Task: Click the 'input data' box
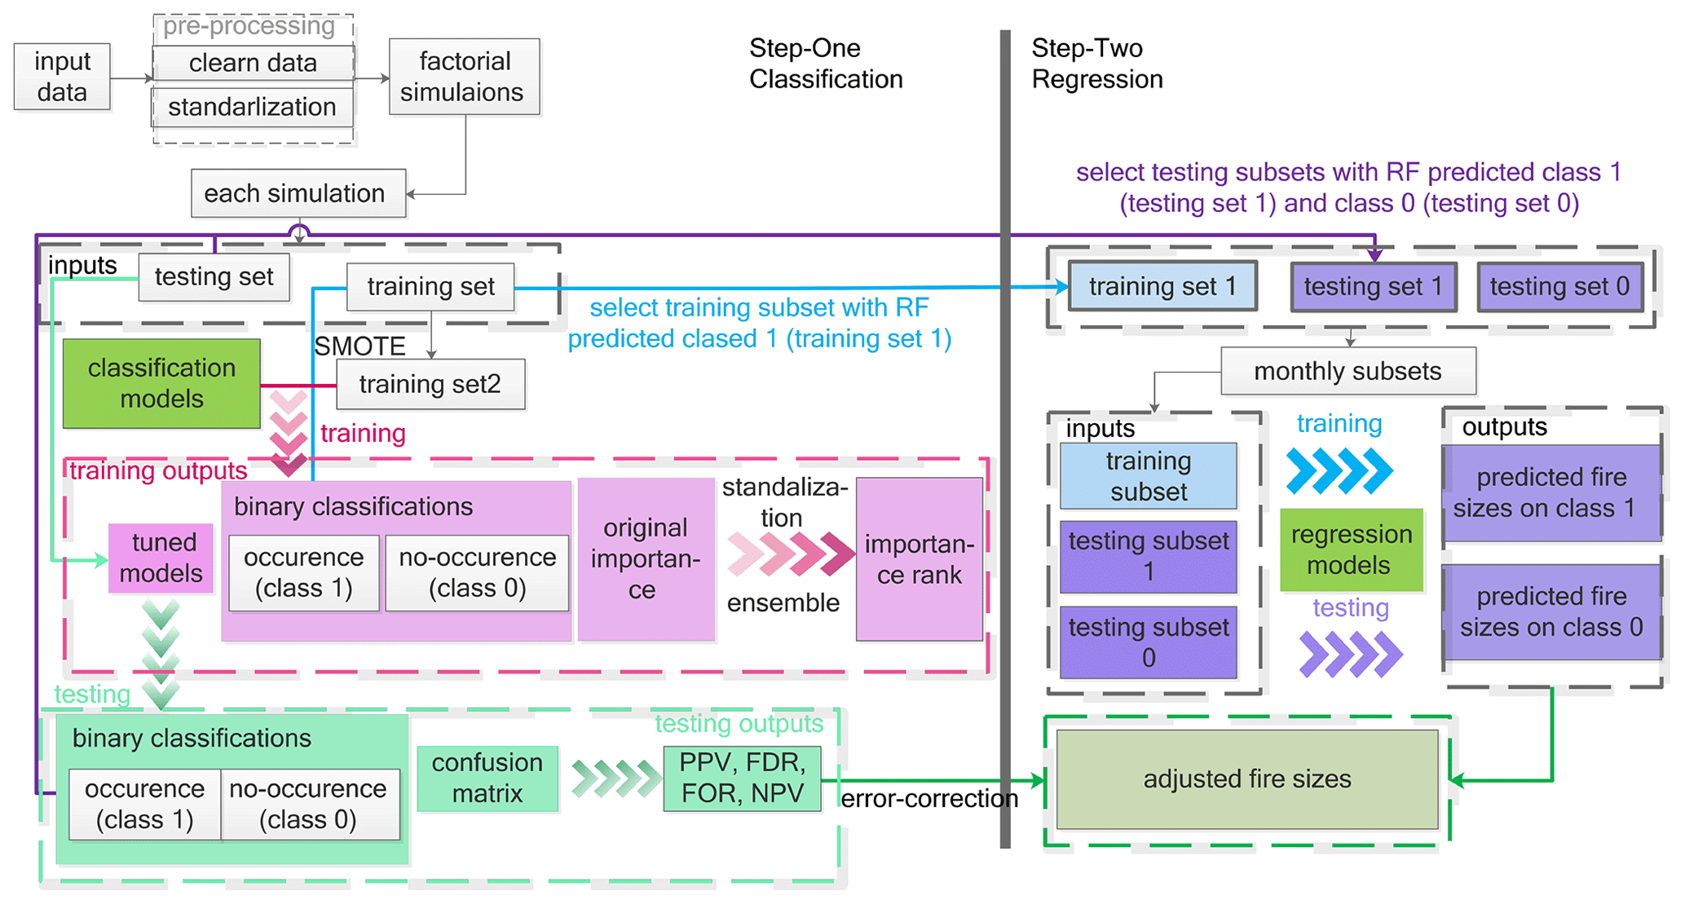click(x=62, y=77)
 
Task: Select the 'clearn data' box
click(x=253, y=63)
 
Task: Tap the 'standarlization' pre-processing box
click(x=253, y=107)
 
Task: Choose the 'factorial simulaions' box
click(x=464, y=77)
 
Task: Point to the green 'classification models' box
click(x=161, y=383)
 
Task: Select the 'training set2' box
click(x=430, y=384)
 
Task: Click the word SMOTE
click(x=359, y=347)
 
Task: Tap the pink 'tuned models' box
click(x=161, y=558)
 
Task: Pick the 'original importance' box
click(x=646, y=558)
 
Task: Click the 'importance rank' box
click(x=919, y=559)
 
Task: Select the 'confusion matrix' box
click(x=487, y=778)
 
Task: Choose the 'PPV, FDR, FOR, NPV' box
click(x=742, y=778)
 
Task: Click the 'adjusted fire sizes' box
click(x=1246, y=779)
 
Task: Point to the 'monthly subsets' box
click(x=1348, y=372)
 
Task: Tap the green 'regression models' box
click(x=1351, y=550)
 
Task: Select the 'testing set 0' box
click(x=1559, y=287)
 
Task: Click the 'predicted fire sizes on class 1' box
click(x=1551, y=492)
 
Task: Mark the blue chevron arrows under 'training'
click(x=1340, y=470)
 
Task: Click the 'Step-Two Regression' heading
click(x=1096, y=64)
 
